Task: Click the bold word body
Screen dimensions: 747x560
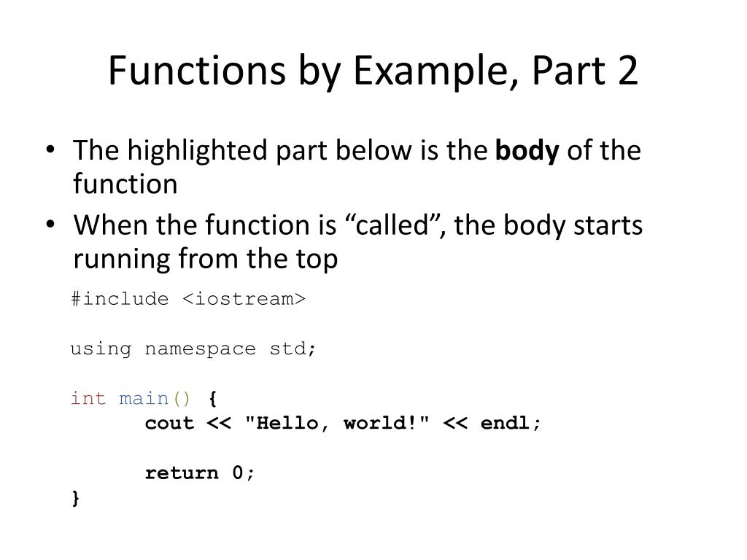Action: point(527,151)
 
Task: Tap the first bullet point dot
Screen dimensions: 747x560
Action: point(49,151)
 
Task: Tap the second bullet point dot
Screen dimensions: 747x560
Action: point(49,225)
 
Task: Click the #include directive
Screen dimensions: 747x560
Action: point(120,299)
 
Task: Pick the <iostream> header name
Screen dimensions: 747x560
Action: point(243,299)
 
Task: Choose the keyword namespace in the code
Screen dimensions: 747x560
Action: point(200,349)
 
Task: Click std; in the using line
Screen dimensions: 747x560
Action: point(293,349)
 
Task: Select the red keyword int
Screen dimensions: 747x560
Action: point(88,398)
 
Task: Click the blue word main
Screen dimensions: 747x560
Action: point(144,398)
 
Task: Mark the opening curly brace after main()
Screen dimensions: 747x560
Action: point(212,398)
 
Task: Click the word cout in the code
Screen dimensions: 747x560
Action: point(169,423)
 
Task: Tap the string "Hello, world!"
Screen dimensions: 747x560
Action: point(336,423)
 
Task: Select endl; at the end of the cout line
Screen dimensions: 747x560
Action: point(511,423)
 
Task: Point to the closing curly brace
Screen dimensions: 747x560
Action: point(76,498)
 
